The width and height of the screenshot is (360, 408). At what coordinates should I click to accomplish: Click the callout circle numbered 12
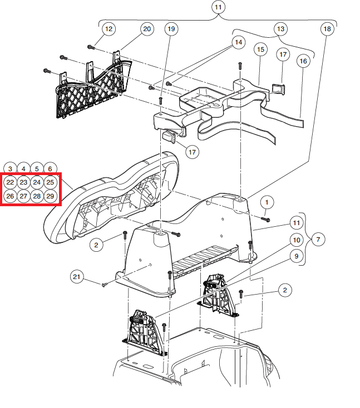108,29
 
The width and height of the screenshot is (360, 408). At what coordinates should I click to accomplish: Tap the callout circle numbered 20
146,29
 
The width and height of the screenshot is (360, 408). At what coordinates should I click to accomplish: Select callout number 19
171,29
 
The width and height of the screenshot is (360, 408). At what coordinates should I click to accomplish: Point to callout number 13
279,29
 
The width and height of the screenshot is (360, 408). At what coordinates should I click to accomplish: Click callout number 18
327,29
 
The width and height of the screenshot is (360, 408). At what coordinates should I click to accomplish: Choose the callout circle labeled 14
238,42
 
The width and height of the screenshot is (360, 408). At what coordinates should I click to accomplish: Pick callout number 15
260,49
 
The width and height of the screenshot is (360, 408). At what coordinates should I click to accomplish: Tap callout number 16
303,62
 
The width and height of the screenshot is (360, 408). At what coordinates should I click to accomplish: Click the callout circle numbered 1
267,202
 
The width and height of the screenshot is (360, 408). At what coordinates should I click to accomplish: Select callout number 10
296,240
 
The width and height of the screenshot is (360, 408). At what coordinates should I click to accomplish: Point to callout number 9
296,256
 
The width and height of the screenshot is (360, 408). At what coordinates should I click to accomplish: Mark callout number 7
318,240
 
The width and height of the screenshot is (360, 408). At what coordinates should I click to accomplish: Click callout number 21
77,276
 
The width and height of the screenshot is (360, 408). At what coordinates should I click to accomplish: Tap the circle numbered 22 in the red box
10,182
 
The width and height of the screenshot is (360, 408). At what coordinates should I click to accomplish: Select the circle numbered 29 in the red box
50,196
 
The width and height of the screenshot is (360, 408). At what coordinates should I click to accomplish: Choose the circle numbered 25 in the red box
50,182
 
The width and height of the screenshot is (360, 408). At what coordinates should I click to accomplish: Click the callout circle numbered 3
10,168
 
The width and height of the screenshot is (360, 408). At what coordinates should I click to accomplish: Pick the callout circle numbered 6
50,168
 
